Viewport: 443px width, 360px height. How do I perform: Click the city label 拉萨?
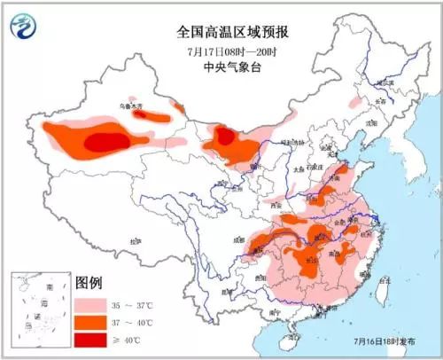[x=135, y=240]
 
